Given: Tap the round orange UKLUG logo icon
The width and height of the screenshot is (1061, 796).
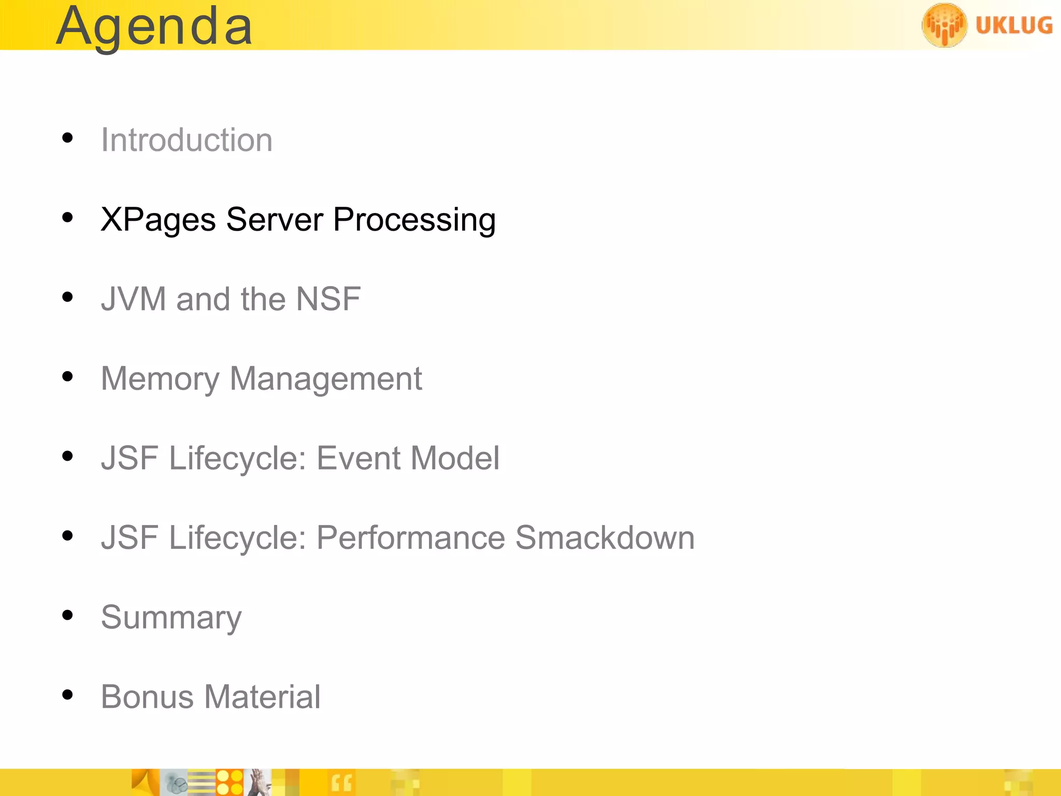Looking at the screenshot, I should [944, 25].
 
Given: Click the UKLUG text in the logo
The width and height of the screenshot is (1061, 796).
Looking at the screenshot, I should [1014, 25].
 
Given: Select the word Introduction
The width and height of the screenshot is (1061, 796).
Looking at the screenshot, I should [187, 140].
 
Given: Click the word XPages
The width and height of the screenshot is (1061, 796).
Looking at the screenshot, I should [158, 220].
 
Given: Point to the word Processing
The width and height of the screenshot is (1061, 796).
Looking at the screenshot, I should [414, 220].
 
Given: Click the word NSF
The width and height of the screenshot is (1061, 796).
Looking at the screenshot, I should [328, 299].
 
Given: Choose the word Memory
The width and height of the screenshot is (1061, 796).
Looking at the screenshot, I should [160, 379].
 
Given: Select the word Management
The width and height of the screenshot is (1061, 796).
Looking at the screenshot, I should [325, 379].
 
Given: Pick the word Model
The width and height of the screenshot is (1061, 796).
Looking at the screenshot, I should [455, 458].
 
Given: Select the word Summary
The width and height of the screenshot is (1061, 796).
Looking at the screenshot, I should [171, 617].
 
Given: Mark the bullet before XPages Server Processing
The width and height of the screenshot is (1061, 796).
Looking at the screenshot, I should [67, 218].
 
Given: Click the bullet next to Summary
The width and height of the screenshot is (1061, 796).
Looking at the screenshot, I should [67, 615].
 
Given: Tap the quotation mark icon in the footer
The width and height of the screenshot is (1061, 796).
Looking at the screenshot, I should [341, 783].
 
